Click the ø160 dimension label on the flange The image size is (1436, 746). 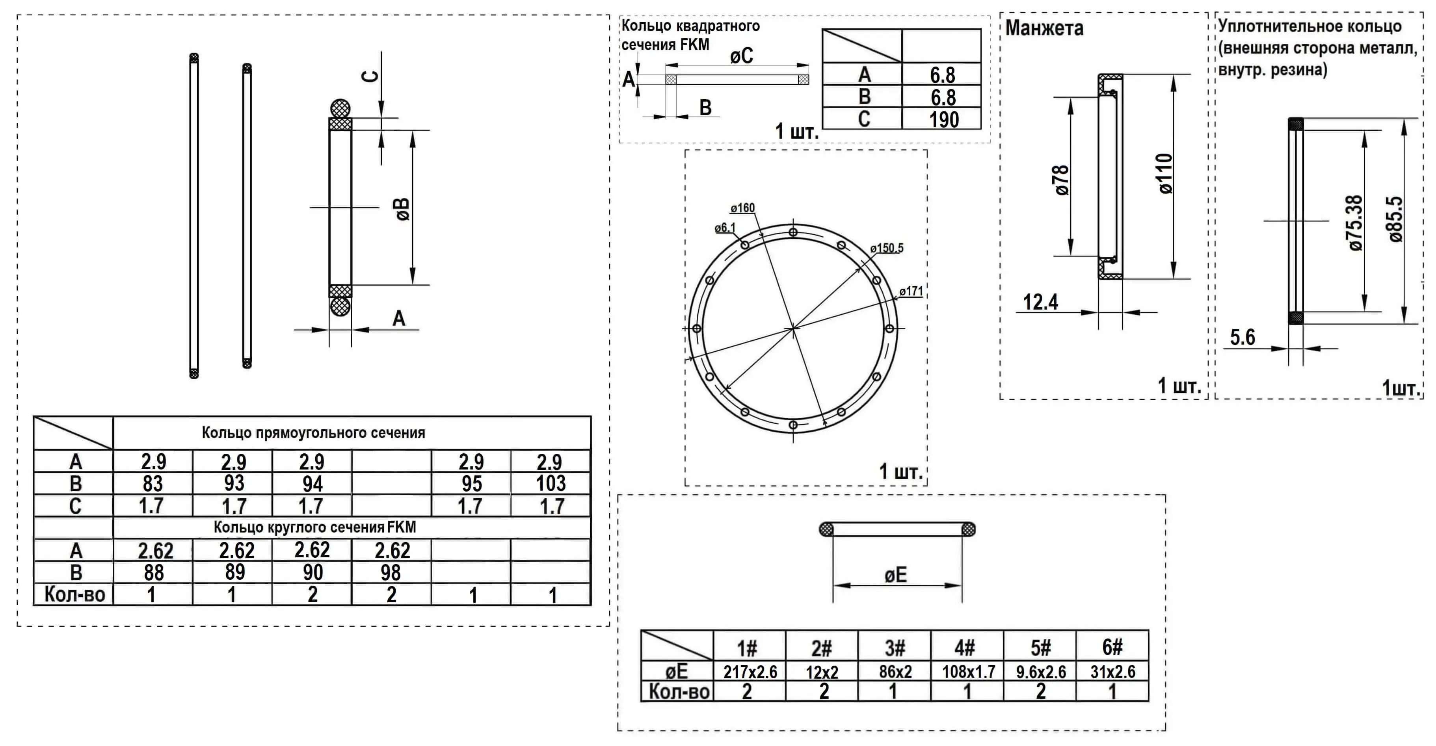(x=742, y=208)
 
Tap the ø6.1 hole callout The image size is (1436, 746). (x=725, y=228)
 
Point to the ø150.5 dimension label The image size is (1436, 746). (x=886, y=248)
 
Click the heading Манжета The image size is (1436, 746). (x=1044, y=28)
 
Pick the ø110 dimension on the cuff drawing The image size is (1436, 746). (x=1165, y=173)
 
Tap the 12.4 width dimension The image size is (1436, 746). (x=1040, y=302)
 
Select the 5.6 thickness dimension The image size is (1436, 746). (x=1243, y=337)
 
